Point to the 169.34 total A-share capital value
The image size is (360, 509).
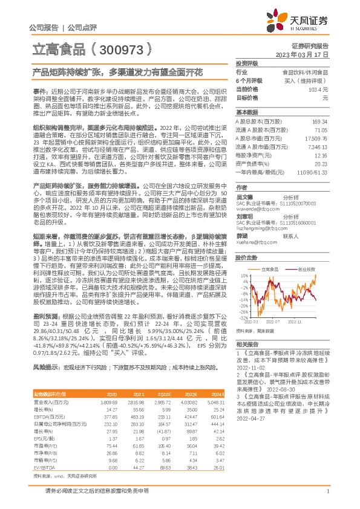pos(319,122)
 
